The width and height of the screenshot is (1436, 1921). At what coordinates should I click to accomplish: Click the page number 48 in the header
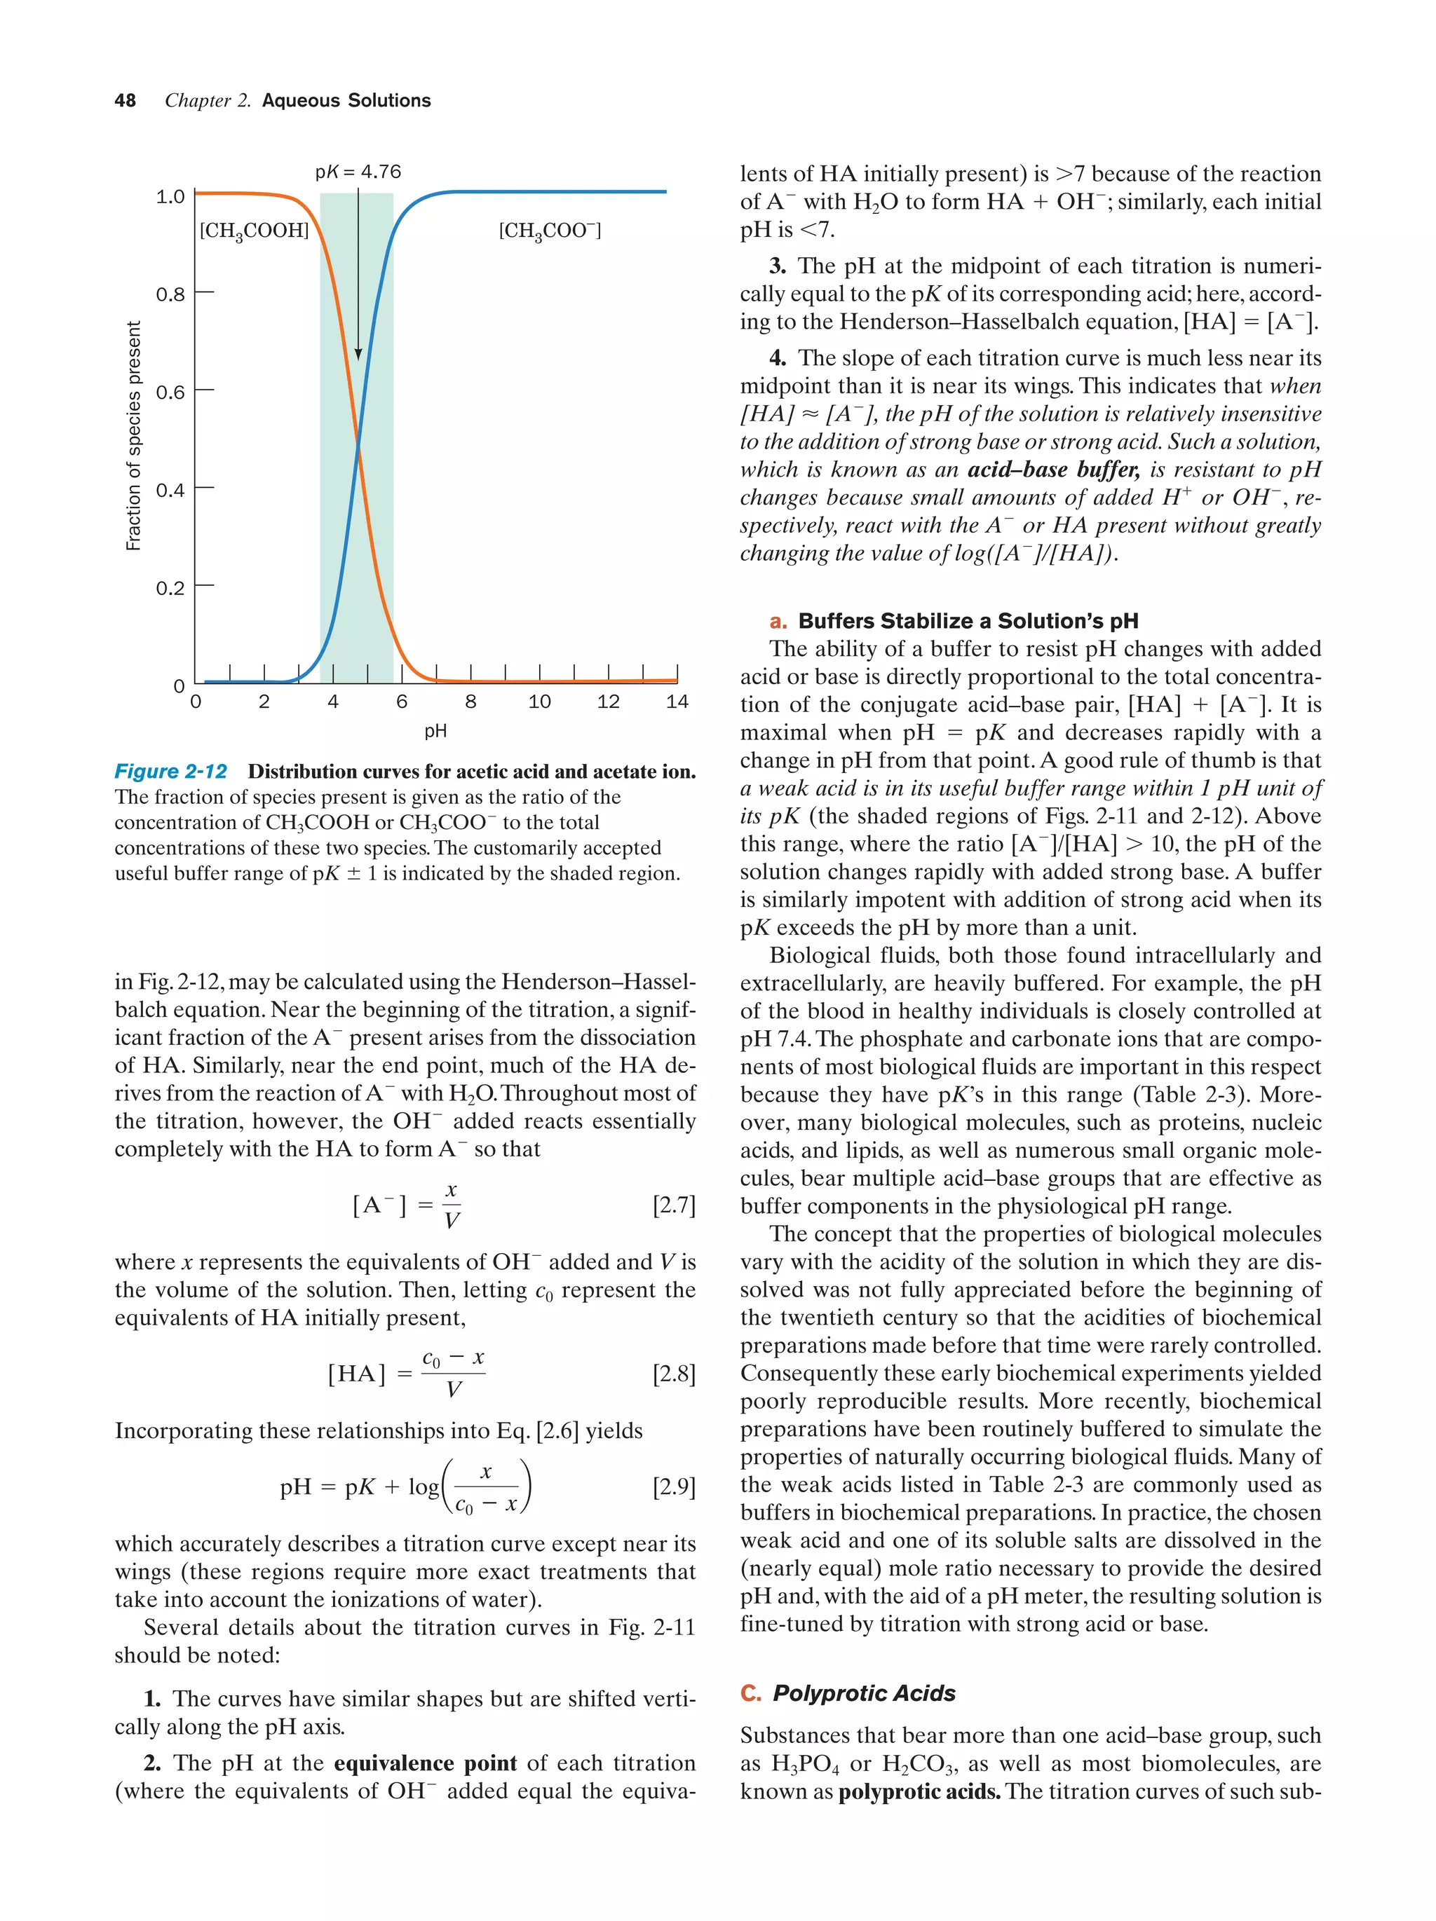click(125, 101)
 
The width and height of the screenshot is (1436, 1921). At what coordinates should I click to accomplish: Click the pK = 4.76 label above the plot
click(358, 172)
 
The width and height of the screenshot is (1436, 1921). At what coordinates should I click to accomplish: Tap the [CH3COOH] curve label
click(255, 231)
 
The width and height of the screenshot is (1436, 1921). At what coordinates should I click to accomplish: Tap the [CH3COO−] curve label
click(550, 231)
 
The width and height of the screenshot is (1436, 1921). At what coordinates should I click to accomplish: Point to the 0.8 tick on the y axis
click(170, 294)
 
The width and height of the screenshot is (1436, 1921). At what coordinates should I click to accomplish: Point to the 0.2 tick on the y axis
click(170, 588)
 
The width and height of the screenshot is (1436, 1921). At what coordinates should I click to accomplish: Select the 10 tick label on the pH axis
click(539, 702)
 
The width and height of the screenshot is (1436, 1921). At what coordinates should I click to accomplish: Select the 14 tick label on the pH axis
click(677, 702)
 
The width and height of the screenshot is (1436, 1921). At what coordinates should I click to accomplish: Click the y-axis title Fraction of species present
click(133, 436)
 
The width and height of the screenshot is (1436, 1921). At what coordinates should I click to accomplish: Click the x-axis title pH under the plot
click(435, 731)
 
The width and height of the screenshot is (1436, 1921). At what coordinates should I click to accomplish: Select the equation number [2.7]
click(673, 1205)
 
